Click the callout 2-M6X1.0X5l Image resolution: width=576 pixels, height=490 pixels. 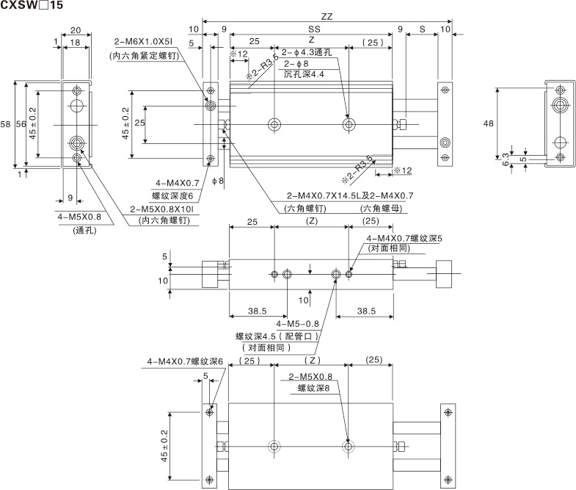point(145,42)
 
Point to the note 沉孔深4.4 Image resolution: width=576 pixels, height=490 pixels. point(304,75)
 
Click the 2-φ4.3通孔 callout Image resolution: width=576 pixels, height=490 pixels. point(307,53)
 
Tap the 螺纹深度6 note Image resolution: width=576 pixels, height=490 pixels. point(172,195)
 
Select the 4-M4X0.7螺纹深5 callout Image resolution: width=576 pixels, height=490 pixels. point(413,238)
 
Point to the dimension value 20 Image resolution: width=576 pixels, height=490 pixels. point(76,30)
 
